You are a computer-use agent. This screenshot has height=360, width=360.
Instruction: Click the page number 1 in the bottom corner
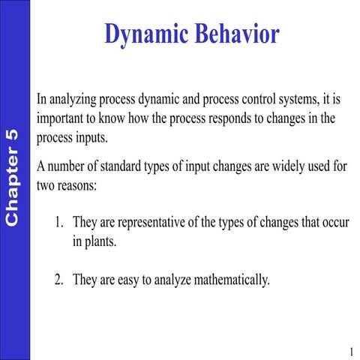click(x=350, y=351)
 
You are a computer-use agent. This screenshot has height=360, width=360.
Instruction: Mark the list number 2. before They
click(x=60, y=280)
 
